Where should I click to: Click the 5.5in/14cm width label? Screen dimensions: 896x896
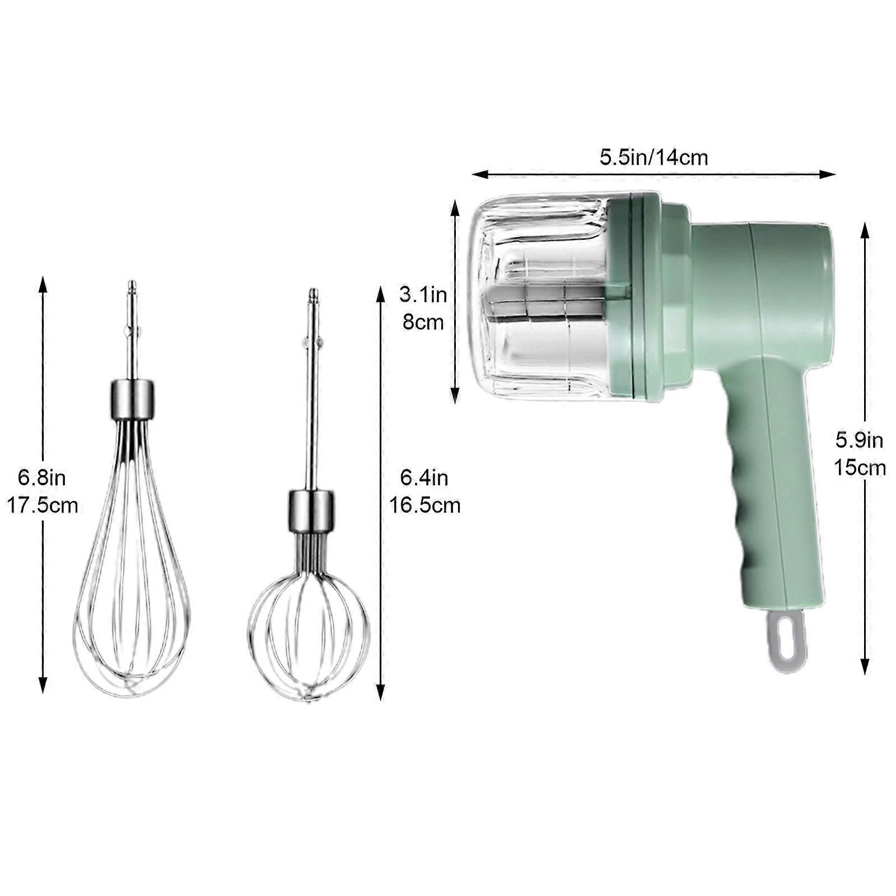654,157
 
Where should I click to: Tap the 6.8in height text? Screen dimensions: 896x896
42,478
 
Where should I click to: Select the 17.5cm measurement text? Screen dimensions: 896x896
43,506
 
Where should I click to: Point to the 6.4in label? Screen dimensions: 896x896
424,478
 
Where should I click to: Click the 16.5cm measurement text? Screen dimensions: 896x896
425,506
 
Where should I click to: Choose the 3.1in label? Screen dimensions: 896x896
423,295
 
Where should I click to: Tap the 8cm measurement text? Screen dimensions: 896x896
423,323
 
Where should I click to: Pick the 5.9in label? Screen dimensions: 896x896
860,440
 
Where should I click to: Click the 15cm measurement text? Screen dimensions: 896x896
860,468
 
